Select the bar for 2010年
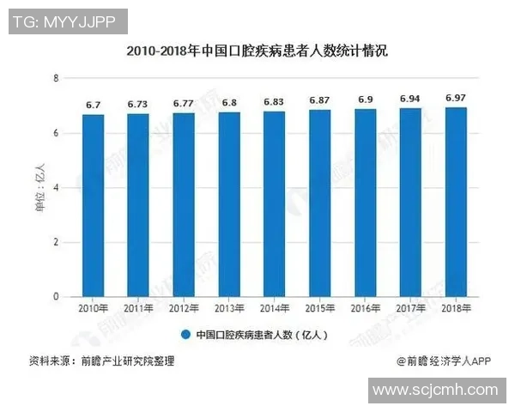pyautogui.click(x=93, y=206)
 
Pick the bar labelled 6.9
pyautogui.click(x=365, y=203)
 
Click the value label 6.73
pyautogui.click(x=137, y=105)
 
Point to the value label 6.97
pyautogui.click(x=455, y=99)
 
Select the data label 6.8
pyautogui.click(x=228, y=103)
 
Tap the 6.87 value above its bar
pyautogui.click(x=319, y=101)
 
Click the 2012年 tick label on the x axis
pyautogui.click(x=184, y=307)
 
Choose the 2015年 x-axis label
pyautogui.click(x=319, y=307)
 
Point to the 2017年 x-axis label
pyautogui.click(x=410, y=307)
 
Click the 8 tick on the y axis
pyautogui.click(x=56, y=79)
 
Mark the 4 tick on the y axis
pyautogui.click(x=56, y=188)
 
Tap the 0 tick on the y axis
pyautogui.click(x=56, y=297)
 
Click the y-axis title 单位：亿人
pyautogui.click(x=38, y=188)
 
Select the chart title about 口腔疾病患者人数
pyautogui.click(x=257, y=51)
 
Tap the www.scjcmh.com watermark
pyautogui.click(x=435, y=390)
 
